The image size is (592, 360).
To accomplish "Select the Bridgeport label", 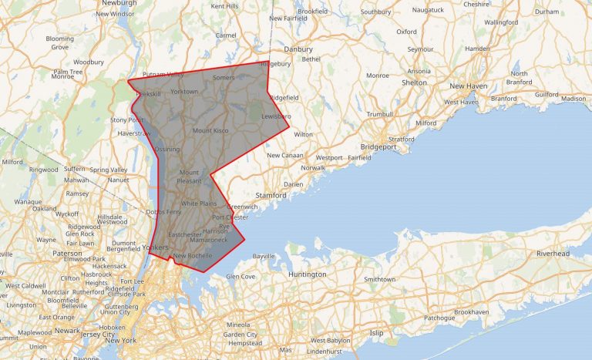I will click(378, 146).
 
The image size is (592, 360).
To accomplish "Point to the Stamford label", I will click(271, 196).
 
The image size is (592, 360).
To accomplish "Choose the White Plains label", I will click(198, 204).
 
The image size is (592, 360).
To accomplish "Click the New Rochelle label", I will click(193, 255).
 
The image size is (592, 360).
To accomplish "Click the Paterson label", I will click(67, 253).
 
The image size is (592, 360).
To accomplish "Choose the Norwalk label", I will click(313, 167).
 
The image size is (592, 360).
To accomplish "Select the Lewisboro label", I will click(276, 116).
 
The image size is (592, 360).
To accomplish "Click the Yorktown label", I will click(183, 92).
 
